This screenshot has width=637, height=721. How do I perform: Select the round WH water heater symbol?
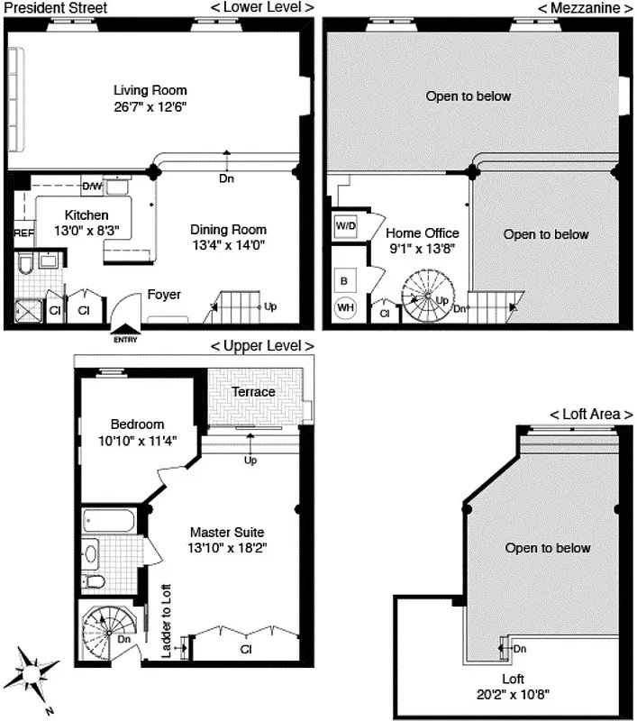(x=345, y=308)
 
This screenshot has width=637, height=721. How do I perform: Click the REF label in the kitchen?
(x=23, y=233)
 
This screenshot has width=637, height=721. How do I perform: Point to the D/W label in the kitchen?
(x=92, y=187)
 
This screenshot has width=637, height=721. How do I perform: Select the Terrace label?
(x=253, y=392)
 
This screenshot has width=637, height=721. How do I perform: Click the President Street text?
(x=55, y=7)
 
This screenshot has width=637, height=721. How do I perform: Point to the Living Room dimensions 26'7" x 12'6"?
(x=150, y=106)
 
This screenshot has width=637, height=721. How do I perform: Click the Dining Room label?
(x=229, y=230)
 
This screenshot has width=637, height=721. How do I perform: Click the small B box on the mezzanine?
(x=344, y=280)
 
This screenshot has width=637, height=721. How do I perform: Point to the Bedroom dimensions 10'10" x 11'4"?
(x=137, y=441)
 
